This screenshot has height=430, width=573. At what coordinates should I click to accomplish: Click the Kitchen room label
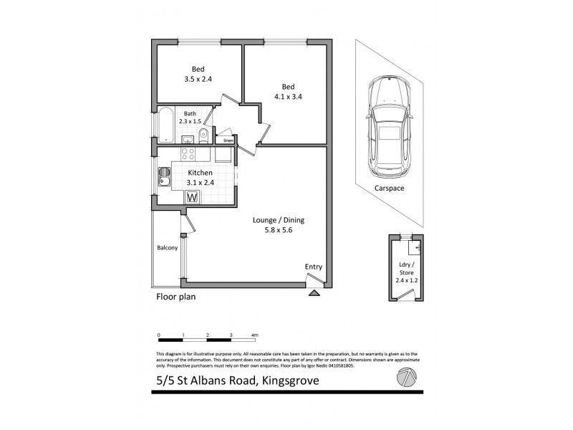point(201,173)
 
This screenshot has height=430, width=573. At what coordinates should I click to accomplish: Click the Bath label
point(189,114)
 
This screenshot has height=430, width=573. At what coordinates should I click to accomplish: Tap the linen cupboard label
point(228,140)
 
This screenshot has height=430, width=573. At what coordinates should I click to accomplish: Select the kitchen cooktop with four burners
point(188,155)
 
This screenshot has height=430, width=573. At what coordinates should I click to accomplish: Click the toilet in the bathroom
point(204,134)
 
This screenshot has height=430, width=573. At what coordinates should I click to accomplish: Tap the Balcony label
point(167,249)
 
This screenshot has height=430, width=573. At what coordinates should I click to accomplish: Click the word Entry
point(313,267)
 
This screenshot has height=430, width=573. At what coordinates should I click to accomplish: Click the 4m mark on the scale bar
point(255,335)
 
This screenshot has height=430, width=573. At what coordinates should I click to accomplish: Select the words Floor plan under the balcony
point(176,296)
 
